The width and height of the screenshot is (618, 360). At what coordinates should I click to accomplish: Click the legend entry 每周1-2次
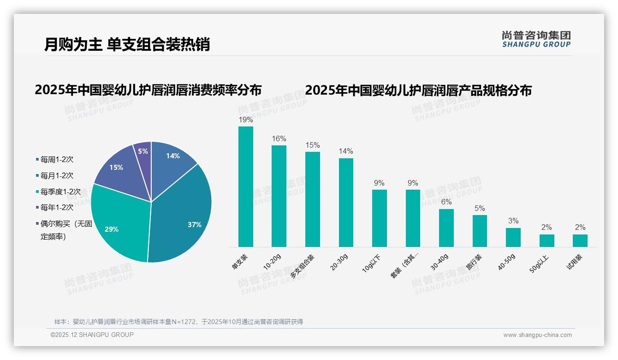pyautogui.click(x=57, y=160)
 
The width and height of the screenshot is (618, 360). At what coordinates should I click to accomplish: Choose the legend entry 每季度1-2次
pyautogui.click(x=60, y=192)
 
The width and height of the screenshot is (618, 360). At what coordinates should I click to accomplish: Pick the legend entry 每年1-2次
pyautogui.click(x=57, y=208)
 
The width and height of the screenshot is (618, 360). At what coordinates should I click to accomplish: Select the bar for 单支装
pyautogui.click(x=246, y=187)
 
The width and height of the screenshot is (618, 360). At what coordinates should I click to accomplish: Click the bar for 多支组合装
pyautogui.click(x=313, y=199)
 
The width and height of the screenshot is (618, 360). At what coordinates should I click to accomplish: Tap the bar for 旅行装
pyautogui.click(x=480, y=231)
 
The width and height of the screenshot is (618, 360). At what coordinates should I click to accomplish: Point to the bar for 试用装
pyautogui.click(x=580, y=240)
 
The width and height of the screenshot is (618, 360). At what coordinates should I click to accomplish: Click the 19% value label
pyautogui.click(x=246, y=120)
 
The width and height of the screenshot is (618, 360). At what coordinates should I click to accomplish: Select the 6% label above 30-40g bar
pyautogui.click(x=446, y=202)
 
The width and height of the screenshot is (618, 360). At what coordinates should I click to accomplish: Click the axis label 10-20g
pyautogui.click(x=272, y=261)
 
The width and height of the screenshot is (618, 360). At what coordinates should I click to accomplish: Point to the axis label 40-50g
pyautogui.click(x=507, y=261)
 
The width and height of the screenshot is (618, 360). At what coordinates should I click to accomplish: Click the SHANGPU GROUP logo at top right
pyautogui.click(x=536, y=39)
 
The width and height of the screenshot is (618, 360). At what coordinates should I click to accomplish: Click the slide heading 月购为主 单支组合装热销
pyautogui.click(x=127, y=45)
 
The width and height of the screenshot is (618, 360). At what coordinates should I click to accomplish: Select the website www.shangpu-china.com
pyautogui.click(x=537, y=335)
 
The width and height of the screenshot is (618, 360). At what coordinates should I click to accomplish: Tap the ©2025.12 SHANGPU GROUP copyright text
pyautogui.click(x=92, y=335)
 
